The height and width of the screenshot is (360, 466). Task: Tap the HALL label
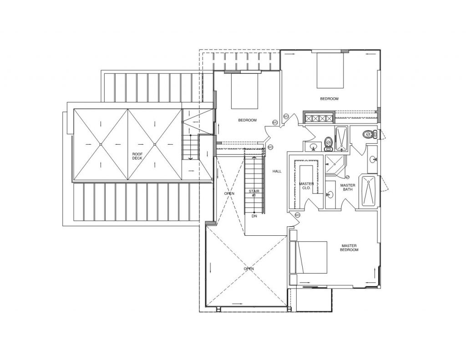point(277,172)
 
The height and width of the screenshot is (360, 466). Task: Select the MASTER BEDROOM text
point(350,248)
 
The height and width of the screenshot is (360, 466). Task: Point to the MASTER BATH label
point(348,187)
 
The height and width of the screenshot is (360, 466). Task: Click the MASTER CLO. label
point(306,186)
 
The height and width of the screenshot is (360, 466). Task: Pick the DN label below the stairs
point(254,216)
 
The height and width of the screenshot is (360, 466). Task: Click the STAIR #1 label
point(254,193)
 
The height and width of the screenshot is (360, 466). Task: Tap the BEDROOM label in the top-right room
point(329,98)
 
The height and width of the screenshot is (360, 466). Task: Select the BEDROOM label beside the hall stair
point(248,120)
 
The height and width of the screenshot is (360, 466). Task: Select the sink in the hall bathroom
point(313,147)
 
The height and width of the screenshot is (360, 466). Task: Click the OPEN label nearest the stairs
point(229,193)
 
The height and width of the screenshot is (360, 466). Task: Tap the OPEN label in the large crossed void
point(248,269)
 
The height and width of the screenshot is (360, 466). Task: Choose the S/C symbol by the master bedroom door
point(298,215)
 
